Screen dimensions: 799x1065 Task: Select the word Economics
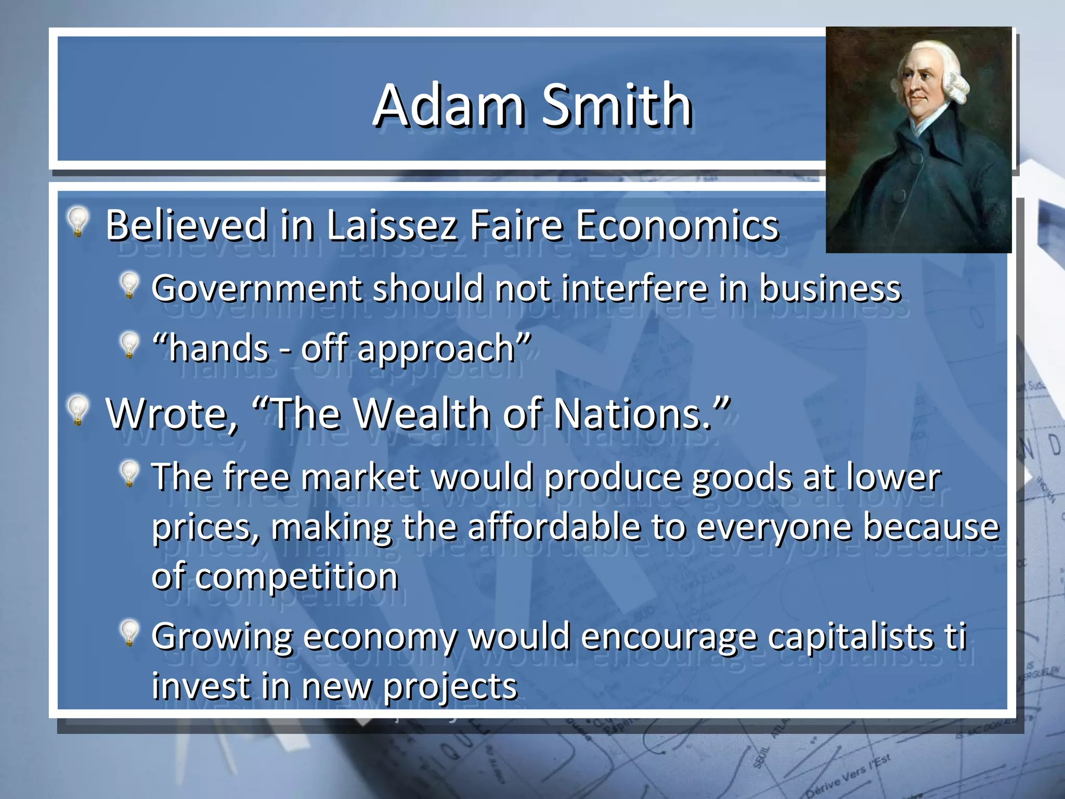tap(677, 226)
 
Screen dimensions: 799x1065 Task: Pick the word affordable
tap(554, 527)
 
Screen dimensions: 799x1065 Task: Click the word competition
tap(297, 577)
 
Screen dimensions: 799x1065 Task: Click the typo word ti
tap(956, 637)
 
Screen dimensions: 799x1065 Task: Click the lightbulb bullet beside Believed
tap(78, 222)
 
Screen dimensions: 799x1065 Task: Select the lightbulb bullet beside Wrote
tap(78, 410)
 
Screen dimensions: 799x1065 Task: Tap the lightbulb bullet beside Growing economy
tap(128, 633)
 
